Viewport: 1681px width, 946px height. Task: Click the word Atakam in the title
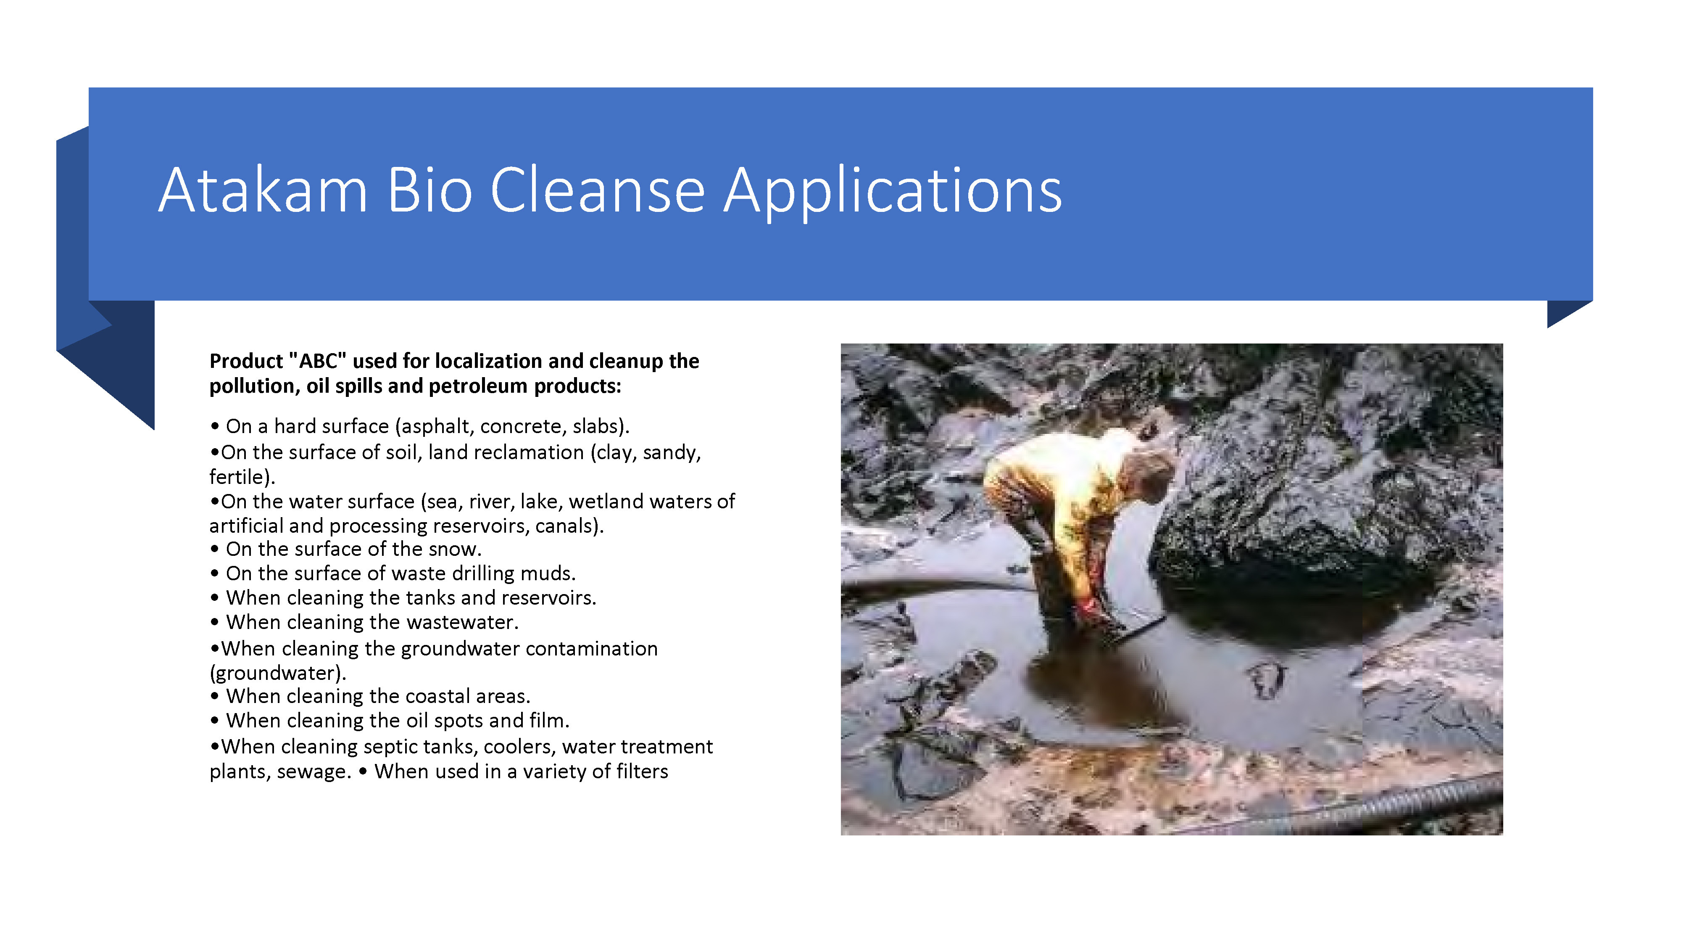tap(263, 190)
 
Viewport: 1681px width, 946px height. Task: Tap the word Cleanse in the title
tap(598, 190)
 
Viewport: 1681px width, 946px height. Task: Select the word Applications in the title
tap(893, 192)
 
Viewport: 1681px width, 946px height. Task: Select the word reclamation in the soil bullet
tap(506, 452)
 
